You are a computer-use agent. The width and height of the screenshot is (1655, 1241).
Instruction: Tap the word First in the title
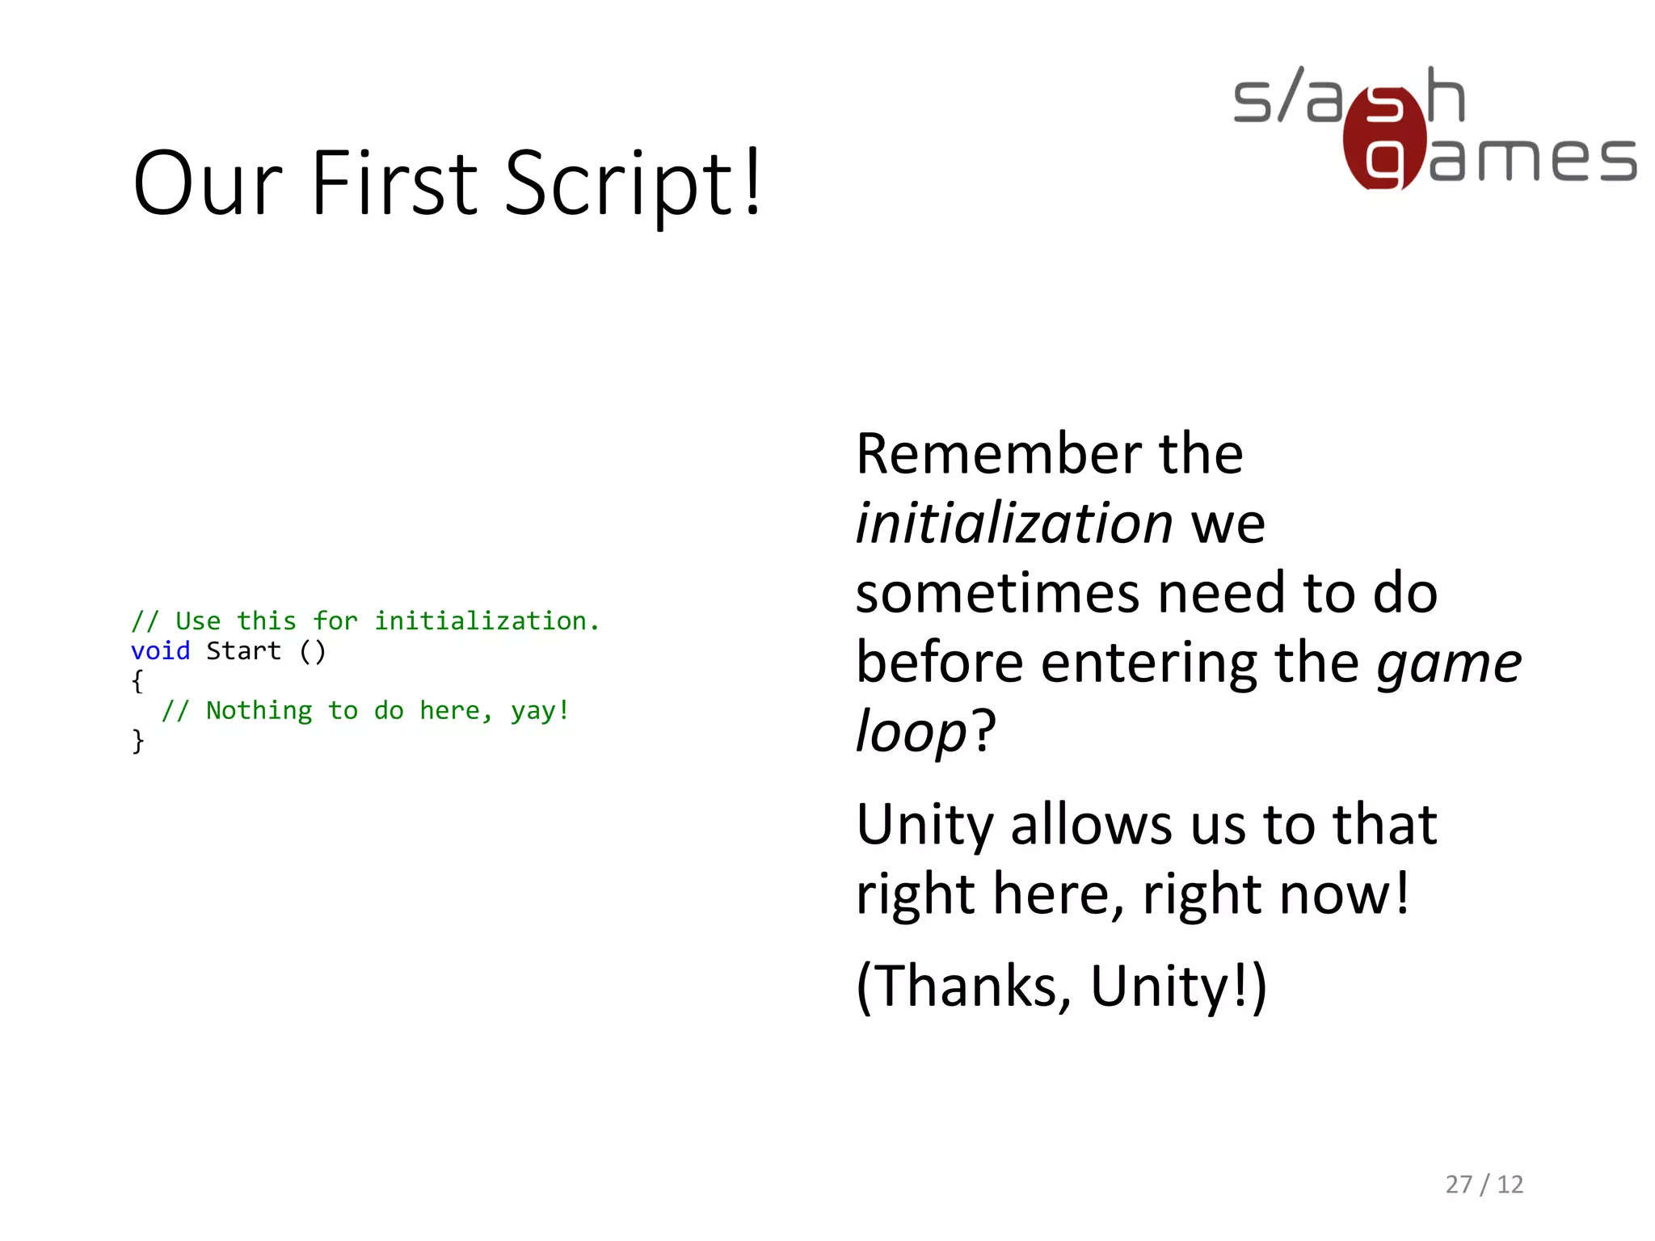click(395, 184)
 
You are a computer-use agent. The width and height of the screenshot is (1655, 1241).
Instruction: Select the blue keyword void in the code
click(160, 650)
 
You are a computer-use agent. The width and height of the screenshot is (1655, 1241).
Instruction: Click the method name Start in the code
click(243, 650)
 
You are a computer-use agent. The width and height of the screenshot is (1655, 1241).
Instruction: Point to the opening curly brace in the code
click(137, 680)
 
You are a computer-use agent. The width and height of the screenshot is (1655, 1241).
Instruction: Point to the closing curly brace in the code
click(137, 740)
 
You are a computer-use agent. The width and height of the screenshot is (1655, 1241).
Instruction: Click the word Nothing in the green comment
click(259, 710)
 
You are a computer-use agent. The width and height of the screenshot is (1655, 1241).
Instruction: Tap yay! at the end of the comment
click(540, 710)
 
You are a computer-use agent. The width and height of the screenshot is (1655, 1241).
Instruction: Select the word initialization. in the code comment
click(486, 620)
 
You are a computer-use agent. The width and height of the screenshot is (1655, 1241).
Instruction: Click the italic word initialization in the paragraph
click(1013, 523)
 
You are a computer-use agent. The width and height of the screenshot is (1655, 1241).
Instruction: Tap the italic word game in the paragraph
click(1448, 663)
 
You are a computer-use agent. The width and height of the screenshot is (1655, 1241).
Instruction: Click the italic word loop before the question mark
click(911, 731)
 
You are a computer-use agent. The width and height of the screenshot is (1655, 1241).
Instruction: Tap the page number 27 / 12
click(1484, 1184)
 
